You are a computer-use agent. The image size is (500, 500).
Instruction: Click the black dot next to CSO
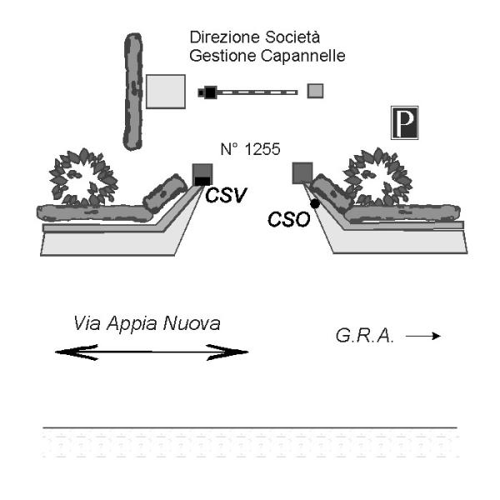coord(315,204)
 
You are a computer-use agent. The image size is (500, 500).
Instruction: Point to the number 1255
coord(250,149)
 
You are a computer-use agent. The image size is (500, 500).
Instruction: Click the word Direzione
coord(220,38)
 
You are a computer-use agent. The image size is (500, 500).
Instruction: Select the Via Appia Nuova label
coord(147,322)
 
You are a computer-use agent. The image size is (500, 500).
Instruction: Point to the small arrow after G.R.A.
coord(422,336)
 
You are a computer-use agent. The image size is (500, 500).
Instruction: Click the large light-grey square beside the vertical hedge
coord(165,91)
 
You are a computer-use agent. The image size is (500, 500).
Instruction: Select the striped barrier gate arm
coord(257,92)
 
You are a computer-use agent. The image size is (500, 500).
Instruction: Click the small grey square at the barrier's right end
coord(315,91)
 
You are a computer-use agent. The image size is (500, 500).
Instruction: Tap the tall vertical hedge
coord(132,92)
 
